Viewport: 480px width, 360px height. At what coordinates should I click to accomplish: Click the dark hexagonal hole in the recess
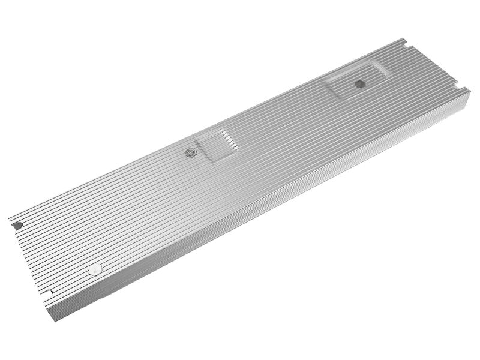(x=359, y=83)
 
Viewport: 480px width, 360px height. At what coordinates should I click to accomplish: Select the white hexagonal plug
(x=95, y=269)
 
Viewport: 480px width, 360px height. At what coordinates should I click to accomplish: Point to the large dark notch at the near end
(x=17, y=225)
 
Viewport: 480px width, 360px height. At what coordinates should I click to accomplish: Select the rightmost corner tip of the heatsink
(x=470, y=90)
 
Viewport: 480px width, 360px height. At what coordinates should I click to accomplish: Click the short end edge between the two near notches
(x=33, y=258)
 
